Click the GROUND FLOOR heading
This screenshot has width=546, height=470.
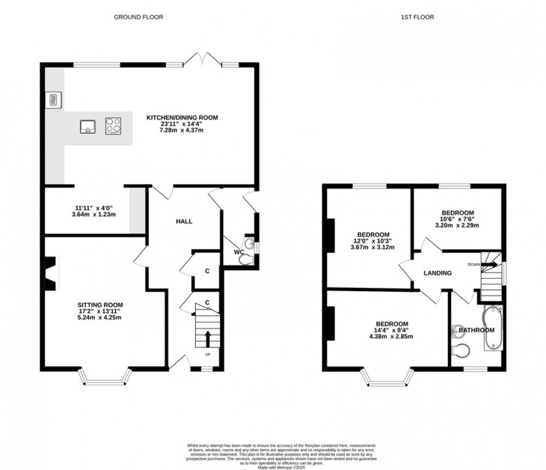[139, 17]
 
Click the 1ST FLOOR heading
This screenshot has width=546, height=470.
[417, 17]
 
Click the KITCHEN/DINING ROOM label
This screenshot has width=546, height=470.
[184, 117]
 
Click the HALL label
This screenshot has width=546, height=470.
[184, 221]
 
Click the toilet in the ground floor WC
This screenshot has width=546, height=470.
[246, 260]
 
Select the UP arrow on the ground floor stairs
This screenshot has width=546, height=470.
[208, 339]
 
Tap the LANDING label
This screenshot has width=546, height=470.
[437, 273]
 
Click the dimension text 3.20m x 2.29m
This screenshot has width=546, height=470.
[459, 225]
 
